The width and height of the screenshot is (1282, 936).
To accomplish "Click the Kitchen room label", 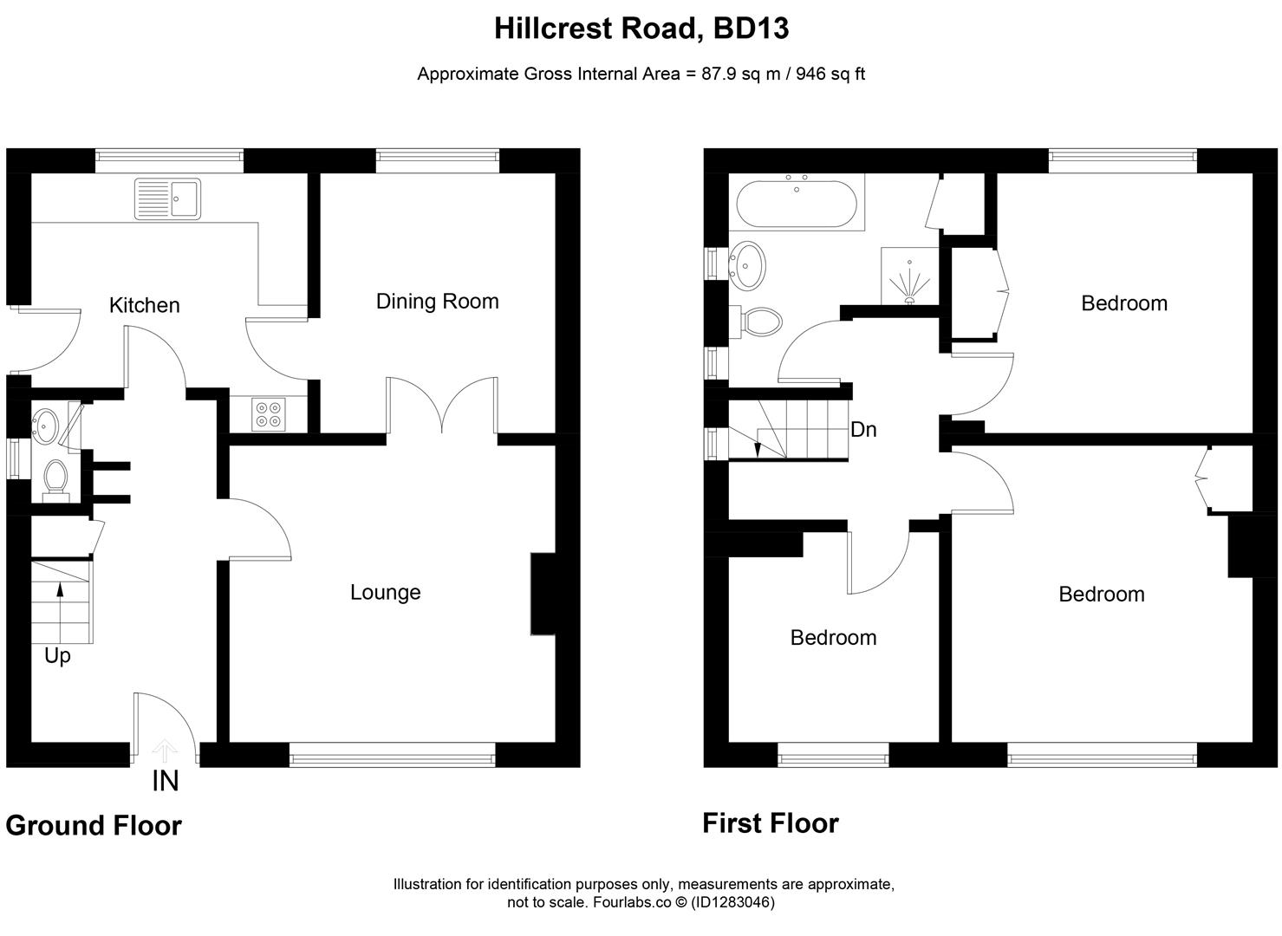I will point(144,305).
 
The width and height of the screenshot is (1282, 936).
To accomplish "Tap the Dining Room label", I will point(437,302).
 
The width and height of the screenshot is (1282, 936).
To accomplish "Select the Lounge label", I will point(385,592).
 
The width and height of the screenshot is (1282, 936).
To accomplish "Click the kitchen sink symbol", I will point(167,198).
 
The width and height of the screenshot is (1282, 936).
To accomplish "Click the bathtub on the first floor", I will point(796,202).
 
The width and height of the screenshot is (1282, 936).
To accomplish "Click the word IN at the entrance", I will point(165,782).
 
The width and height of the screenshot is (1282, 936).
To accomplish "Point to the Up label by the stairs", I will point(57,656).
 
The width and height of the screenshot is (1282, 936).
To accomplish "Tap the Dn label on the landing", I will point(863,429).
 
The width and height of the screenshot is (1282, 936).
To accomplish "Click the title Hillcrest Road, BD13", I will point(641,29).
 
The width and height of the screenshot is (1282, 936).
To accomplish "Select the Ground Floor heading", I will point(94,826).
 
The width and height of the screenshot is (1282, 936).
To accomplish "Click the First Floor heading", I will point(770,822).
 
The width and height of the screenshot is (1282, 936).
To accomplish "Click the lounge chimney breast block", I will point(542,595).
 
